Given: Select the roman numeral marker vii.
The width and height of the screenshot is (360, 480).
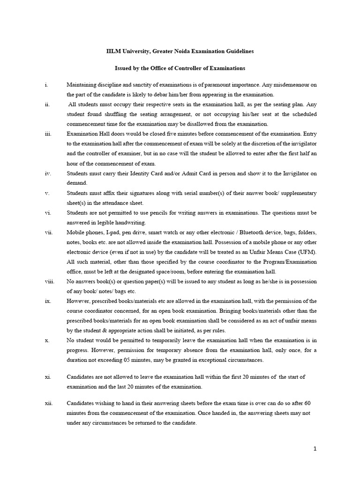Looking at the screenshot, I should (x=48, y=232).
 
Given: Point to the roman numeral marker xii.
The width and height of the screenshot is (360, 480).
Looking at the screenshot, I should (x=48, y=403).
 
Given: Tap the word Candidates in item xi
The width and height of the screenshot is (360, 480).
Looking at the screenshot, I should (x=82, y=377).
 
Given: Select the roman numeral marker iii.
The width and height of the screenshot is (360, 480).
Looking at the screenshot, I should (x=48, y=134).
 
